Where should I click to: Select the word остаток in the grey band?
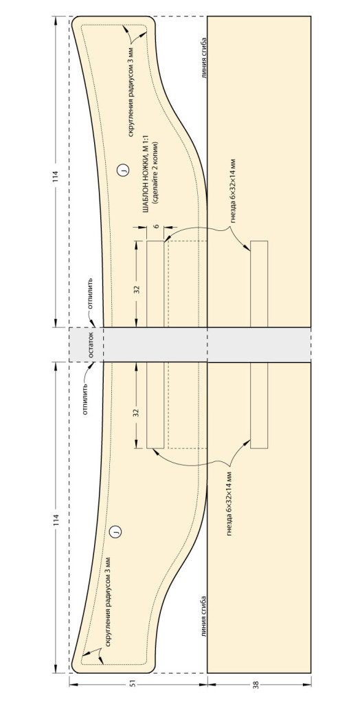point(90,345)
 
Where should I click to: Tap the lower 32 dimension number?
point(137,411)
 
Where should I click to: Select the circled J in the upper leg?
point(122,170)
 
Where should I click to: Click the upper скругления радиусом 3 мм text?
point(131,93)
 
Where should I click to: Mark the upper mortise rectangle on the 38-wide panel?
point(259,284)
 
